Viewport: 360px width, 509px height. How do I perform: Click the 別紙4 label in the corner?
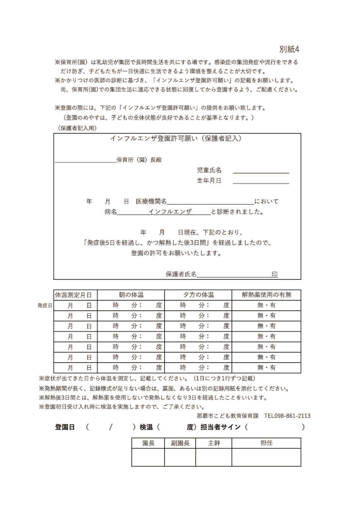(289, 49)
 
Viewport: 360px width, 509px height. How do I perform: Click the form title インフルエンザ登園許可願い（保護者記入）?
(176, 138)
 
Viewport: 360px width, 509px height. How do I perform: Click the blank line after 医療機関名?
(210, 201)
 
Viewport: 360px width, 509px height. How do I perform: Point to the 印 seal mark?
(274, 274)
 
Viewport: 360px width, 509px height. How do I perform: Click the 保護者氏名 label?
(181, 274)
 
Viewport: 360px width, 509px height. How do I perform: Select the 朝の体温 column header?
(131, 295)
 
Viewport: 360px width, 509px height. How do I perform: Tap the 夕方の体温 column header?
(198, 295)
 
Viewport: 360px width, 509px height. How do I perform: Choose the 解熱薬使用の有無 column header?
(266, 295)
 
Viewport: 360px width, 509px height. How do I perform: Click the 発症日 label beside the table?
(45, 305)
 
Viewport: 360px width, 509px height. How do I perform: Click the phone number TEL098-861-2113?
(287, 416)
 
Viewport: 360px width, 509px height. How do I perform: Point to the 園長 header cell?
(148, 443)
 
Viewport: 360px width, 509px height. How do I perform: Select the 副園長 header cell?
(180, 443)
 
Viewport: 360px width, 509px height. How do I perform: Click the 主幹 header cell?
(214, 443)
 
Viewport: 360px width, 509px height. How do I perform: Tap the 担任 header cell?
(266, 443)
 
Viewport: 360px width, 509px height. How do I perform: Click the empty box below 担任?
(266, 457)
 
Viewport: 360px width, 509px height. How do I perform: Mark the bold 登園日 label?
(65, 427)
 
